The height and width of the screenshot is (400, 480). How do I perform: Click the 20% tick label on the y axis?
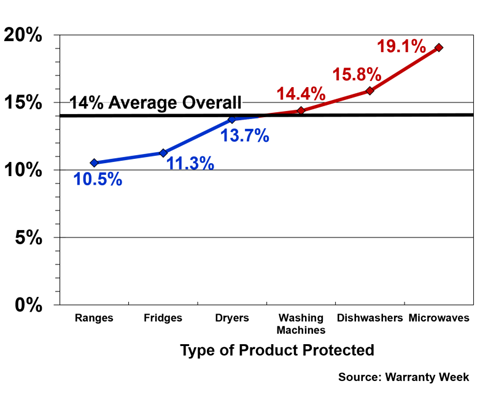[23, 35]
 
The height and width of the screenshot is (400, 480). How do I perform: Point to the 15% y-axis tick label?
[23, 102]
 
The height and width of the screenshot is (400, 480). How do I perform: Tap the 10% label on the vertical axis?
[23, 170]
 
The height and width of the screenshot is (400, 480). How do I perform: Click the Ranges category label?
[94, 318]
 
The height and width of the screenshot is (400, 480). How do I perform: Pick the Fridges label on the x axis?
[163, 318]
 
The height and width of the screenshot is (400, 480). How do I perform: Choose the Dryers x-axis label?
[232, 318]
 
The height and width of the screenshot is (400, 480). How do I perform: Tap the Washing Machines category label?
[301, 324]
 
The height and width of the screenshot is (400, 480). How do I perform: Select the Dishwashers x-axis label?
[369, 318]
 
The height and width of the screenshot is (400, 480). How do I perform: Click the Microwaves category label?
[438, 318]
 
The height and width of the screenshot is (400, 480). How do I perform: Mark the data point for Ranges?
[94, 163]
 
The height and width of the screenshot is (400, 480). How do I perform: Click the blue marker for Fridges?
[163, 153]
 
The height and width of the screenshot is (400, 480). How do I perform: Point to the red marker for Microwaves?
[438, 48]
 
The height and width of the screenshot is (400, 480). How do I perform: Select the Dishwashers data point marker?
[369, 91]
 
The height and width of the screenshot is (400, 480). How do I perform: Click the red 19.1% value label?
[402, 46]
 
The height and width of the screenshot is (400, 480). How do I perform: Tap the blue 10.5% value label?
[98, 180]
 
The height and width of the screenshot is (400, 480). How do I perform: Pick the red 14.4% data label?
[301, 94]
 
